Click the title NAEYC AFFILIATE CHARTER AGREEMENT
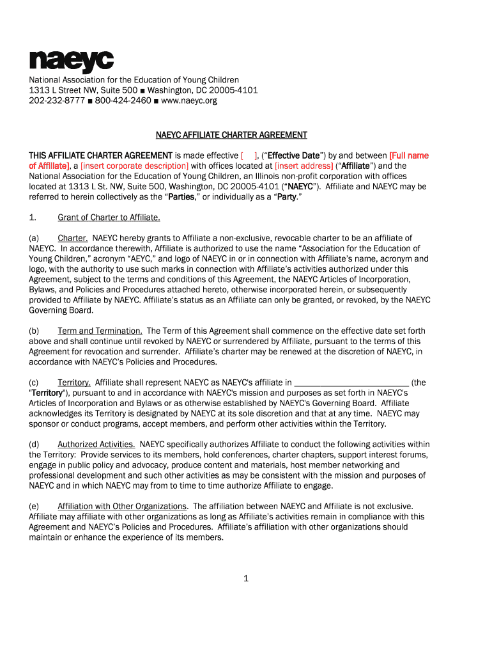point(232,135)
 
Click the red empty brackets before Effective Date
point(249,155)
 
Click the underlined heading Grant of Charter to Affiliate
point(109,217)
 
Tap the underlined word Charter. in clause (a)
point(73,238)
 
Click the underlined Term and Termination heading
point(100,331)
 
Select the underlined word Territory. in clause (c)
point(74,383)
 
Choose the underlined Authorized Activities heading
point(96,444)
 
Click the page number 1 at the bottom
point(245,579)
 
